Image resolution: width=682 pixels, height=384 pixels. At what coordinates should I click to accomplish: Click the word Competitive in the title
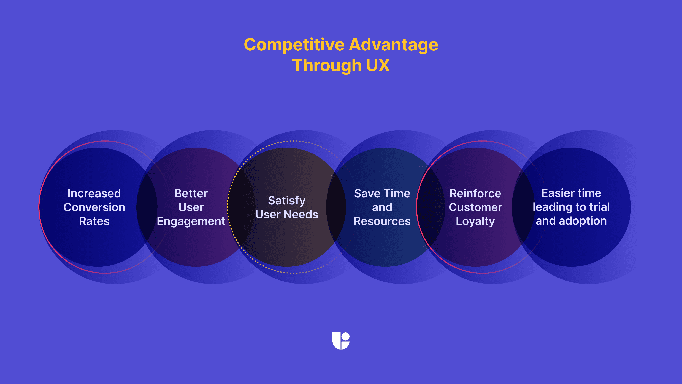point(294,45)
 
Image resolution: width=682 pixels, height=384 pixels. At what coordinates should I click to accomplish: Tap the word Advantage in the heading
point(393,45)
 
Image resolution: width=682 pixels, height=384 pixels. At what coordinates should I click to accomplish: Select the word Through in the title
point(327,65)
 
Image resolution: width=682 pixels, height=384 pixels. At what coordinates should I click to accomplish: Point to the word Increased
point(94,193)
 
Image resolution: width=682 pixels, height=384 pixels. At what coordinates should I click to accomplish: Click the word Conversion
point(94,207)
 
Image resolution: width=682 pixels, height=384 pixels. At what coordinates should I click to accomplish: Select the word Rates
point(94,221)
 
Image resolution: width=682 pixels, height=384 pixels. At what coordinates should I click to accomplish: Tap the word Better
point(191,193)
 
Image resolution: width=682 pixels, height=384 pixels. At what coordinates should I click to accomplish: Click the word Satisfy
point(287,201)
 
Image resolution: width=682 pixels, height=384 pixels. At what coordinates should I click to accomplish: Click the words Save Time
point(382,193)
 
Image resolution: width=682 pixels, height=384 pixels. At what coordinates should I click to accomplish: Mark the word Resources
point(382,221)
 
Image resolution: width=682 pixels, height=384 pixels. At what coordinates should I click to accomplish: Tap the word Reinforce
point(475,193)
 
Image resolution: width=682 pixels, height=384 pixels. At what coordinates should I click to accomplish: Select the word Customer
point(475,207)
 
